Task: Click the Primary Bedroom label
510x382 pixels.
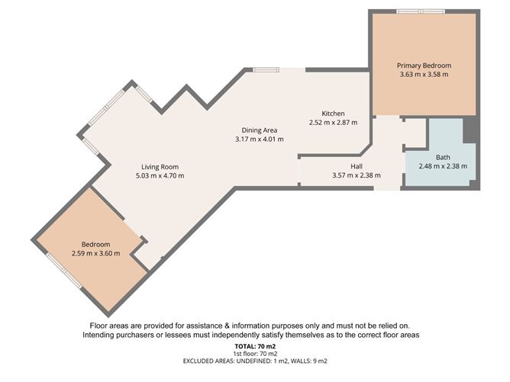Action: tap(423, 66)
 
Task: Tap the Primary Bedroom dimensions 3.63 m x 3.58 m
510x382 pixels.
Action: tap(423, 75)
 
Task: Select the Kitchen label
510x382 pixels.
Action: tap(333, 113)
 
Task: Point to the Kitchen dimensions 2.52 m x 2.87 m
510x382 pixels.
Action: tap(333, 122)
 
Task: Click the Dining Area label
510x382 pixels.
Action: tap(260, 130)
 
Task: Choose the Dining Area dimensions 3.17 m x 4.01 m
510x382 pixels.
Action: tap(260, 139)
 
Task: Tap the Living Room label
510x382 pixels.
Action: tap(160, 166)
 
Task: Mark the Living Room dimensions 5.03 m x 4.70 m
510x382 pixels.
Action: tap(160, 175)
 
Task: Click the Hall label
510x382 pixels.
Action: tap(357, 166)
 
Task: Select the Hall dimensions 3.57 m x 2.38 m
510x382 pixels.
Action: tap(357, 175)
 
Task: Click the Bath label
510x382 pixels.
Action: tap(443, 157)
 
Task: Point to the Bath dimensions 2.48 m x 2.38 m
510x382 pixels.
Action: tap(443, 166)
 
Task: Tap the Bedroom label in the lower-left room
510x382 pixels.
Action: tap(96, 245)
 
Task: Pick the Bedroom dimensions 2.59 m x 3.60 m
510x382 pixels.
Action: tap(96, 254)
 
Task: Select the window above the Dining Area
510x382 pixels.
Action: tap(266, 70)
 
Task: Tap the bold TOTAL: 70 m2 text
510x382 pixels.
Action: tap(254, 345)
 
